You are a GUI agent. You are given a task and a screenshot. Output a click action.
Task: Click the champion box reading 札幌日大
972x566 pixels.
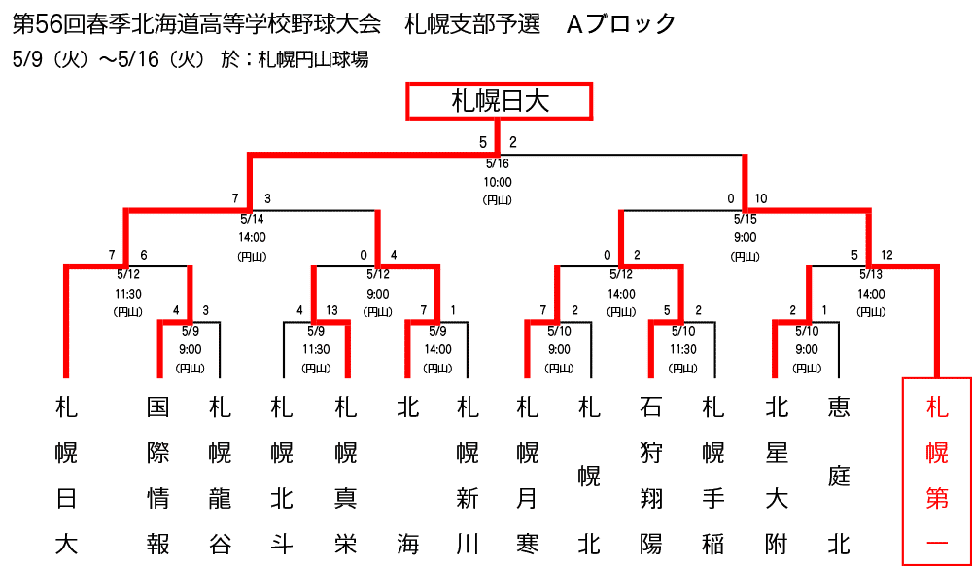[x=499, y=101]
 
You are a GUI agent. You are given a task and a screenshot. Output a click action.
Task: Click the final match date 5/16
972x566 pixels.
[x=498, y=163]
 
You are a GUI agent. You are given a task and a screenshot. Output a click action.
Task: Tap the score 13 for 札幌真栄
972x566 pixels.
[x=332, y=310]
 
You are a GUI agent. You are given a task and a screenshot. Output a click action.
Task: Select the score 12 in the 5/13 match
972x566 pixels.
[x=885, y=256]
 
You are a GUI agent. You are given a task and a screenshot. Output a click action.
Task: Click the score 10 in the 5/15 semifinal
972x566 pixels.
[x=761, y=199]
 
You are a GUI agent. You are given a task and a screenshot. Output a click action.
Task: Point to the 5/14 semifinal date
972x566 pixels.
[x=251, y=219]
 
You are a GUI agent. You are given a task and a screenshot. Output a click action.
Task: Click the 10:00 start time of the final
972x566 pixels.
[x=498, y=182]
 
